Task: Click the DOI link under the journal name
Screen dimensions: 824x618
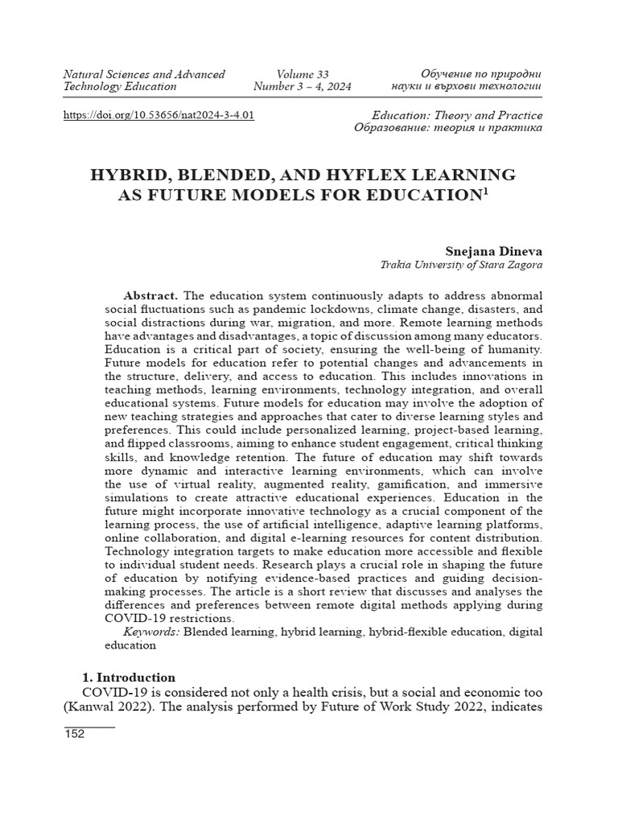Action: (159, 115)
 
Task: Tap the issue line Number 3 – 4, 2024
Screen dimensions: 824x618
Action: (302, 87)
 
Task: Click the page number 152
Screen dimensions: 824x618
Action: (74, 735)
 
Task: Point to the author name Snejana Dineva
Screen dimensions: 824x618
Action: (493, 251)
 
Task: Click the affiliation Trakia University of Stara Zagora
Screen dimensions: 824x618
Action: (461, 266)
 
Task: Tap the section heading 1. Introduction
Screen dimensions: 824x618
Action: (130, 678)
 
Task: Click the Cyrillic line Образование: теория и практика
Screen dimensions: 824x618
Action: (447, 128)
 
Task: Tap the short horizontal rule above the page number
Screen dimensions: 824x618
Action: (89, 727)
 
